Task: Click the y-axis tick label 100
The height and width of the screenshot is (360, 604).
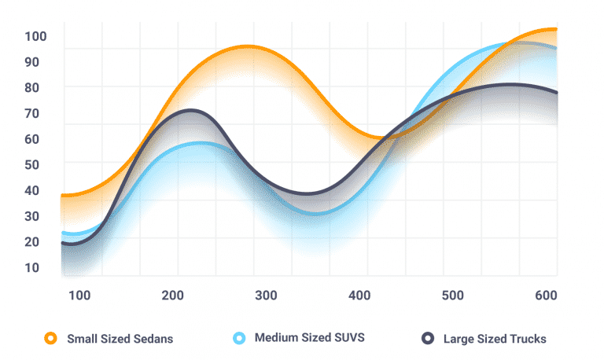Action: click(36, 36)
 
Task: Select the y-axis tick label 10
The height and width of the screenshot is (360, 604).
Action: click(32, 268)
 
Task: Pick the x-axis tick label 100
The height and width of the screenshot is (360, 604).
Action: click(79, 296)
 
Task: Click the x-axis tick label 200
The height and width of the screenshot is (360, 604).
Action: click(173, 296)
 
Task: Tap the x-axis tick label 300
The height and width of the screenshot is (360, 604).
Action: click(266, 296)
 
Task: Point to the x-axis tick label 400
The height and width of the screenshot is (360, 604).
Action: click(359, 296)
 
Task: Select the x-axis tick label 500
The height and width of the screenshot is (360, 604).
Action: click(453, 296)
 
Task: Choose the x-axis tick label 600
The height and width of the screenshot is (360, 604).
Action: click(546, 296)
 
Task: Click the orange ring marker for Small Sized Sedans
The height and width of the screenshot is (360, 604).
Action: click(51, 339)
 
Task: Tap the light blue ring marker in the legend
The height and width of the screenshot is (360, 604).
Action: click(239, 339)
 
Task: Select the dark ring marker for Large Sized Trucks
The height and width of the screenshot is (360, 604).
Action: click(428, 339)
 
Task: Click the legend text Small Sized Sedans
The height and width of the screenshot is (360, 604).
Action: click(120, 340)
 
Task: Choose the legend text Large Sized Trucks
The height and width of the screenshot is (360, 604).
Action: click(495, 340)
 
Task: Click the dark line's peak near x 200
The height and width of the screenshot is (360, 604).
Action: click(190, 110)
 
